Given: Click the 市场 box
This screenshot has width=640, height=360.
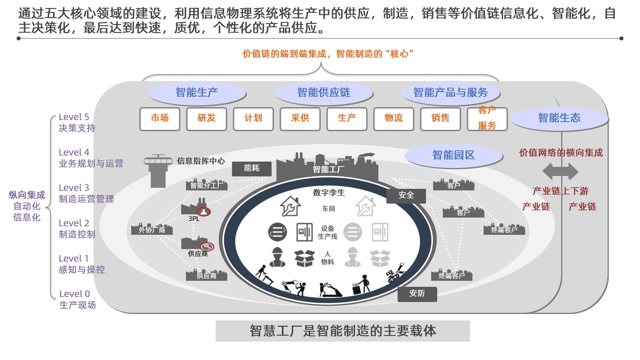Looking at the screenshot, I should (160, 119).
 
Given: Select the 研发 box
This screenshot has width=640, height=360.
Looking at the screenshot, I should (206, 119).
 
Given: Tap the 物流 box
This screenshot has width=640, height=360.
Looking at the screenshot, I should (394, 119).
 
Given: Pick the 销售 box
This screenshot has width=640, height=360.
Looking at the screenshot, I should (440, 119).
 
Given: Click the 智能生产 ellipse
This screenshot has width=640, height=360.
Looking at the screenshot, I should (196, 93).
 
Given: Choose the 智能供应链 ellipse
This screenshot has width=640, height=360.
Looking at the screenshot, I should (324, 93).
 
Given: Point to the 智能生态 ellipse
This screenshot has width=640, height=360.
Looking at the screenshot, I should (559, 118).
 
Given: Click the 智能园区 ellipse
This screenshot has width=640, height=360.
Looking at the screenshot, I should (453, 155).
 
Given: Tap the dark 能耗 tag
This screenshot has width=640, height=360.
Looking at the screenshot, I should (252, 168).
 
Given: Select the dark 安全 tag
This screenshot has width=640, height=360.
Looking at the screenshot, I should (406, 195).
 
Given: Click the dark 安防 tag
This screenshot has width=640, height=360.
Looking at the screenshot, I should (417, 294).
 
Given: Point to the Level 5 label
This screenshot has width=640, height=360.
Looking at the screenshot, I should (74, 117).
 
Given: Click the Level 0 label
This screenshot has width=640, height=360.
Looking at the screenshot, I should (75, 294).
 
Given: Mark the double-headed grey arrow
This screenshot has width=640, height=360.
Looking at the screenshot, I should (560, 172).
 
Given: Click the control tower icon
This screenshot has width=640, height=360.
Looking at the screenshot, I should (158, 170).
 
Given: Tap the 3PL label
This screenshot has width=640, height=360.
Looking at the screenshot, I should (194, 219).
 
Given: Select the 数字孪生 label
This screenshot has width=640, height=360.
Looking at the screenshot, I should (329, 193).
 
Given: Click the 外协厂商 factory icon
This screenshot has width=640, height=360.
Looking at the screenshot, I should (152, 229).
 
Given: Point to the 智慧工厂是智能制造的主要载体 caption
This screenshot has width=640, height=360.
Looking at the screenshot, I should (342, 331).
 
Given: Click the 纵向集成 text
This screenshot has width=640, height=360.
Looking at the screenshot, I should (27, 195).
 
